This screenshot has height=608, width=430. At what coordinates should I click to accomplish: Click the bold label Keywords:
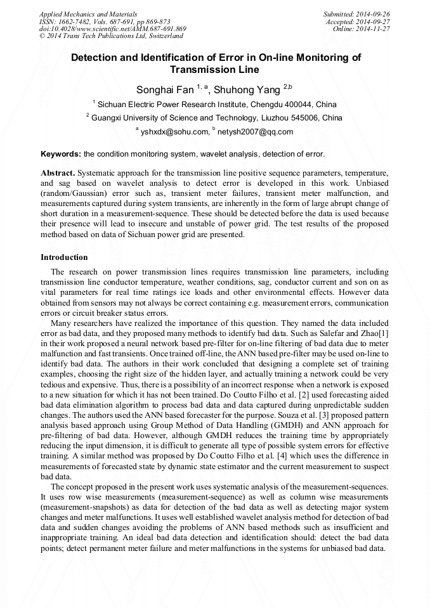(x=61, y=154)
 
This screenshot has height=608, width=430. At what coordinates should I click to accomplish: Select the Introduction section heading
(x=64, y=257)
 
